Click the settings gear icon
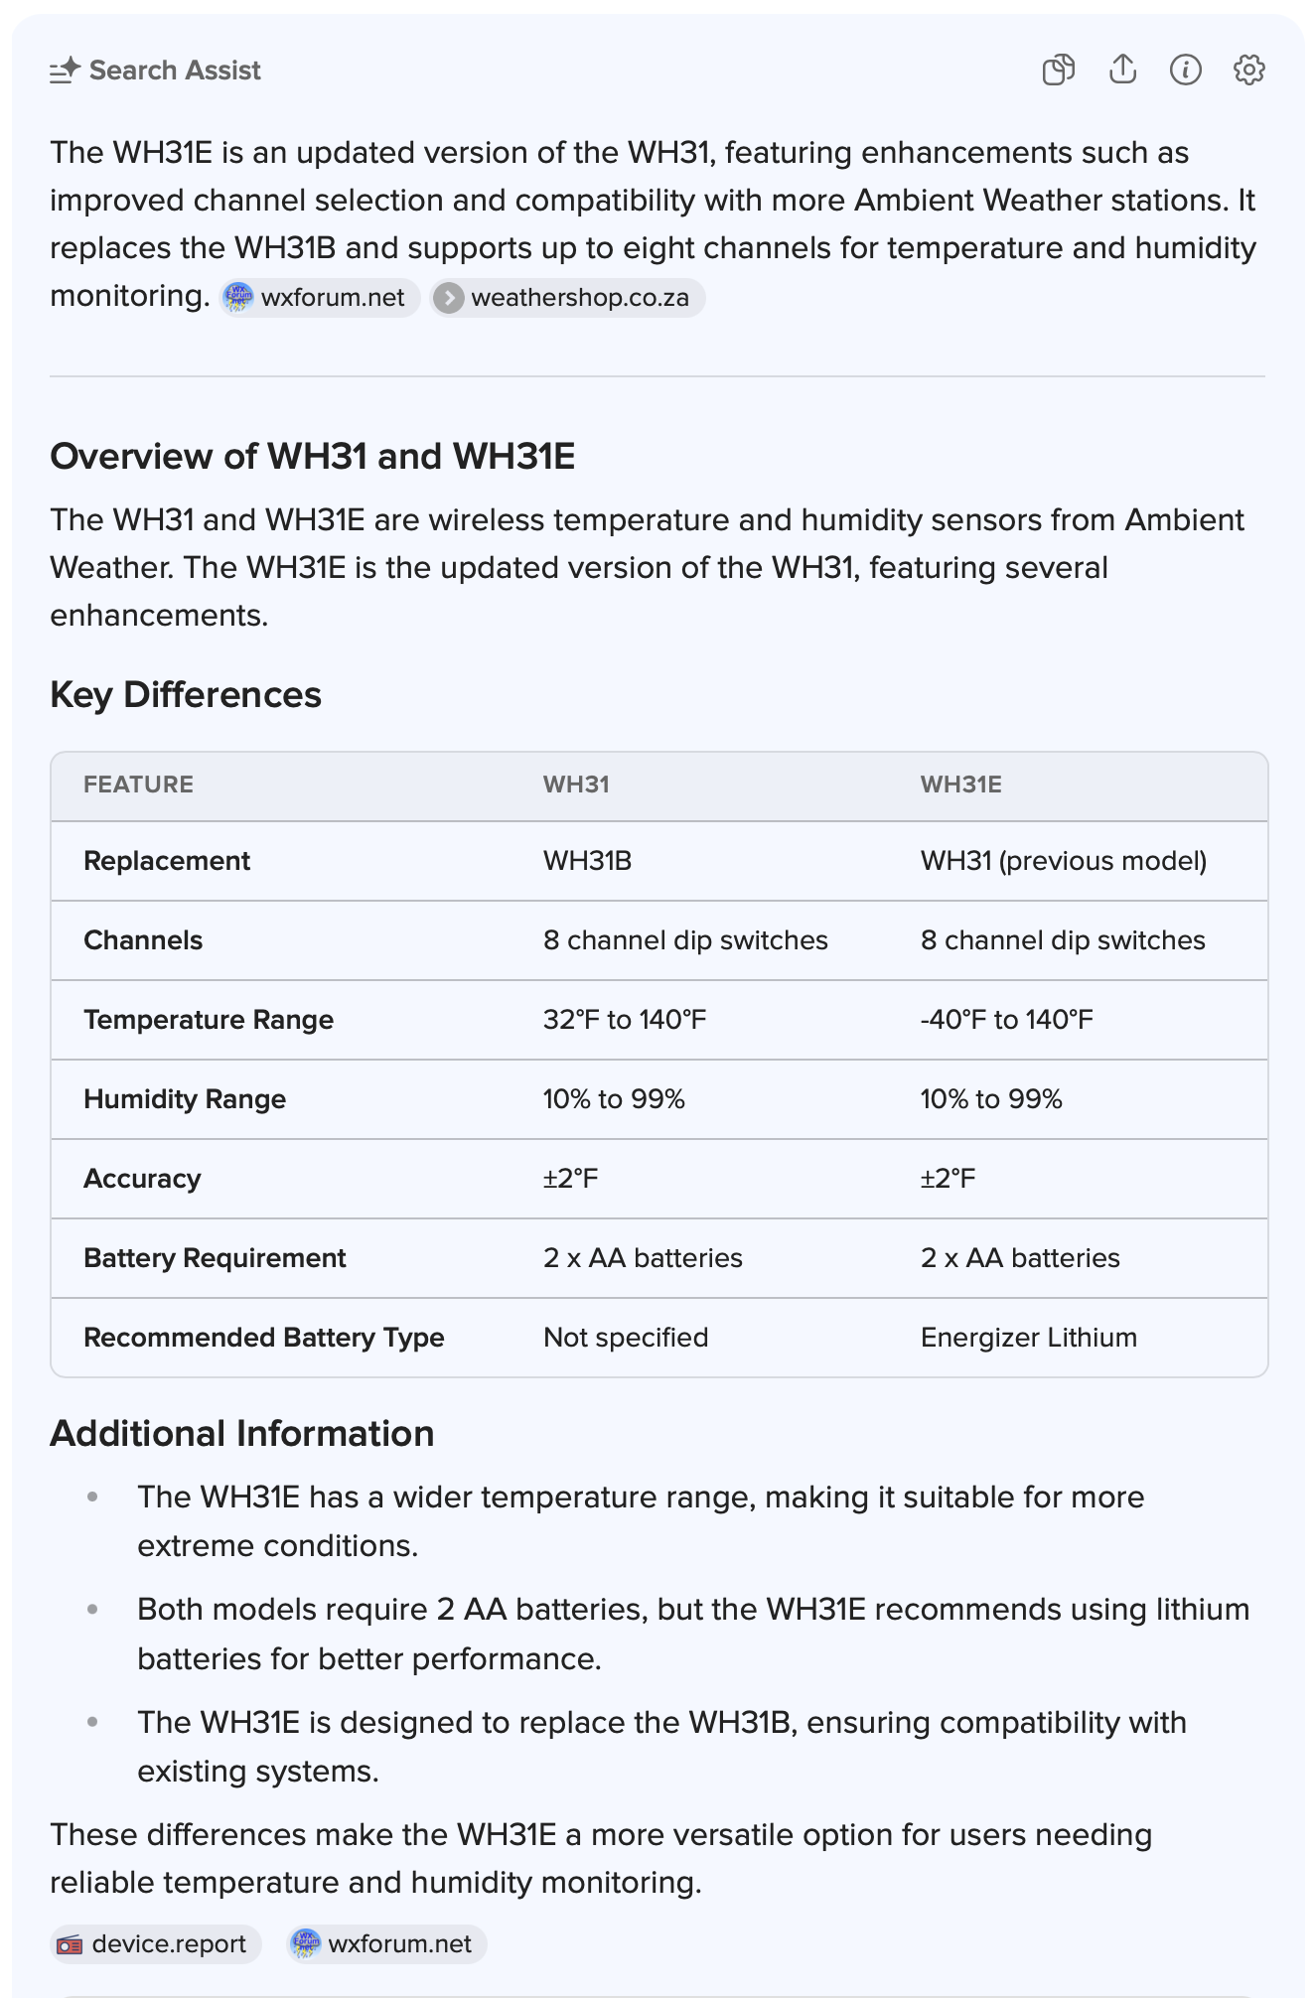(1248, 70)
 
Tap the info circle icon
(1185, 70)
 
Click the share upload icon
(1122, 70)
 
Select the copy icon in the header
(1059, 70)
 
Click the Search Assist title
(175, 71)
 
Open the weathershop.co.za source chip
(568, 298)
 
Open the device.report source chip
(156, 1943)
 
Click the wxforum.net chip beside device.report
(387, 1943)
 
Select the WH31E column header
(960, 785)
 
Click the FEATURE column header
(138, 785)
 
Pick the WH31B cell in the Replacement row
(587, 861)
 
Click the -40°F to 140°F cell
(1006, 1020)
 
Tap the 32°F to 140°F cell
(625, 1020)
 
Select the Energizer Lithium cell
(1028, 1338)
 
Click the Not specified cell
(626, 1338)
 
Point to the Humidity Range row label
(185, 1099)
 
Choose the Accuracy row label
(142, 1179)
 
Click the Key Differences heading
(186, 695)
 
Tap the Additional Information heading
(242, 1434)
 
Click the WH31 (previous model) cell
(1063, 861)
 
